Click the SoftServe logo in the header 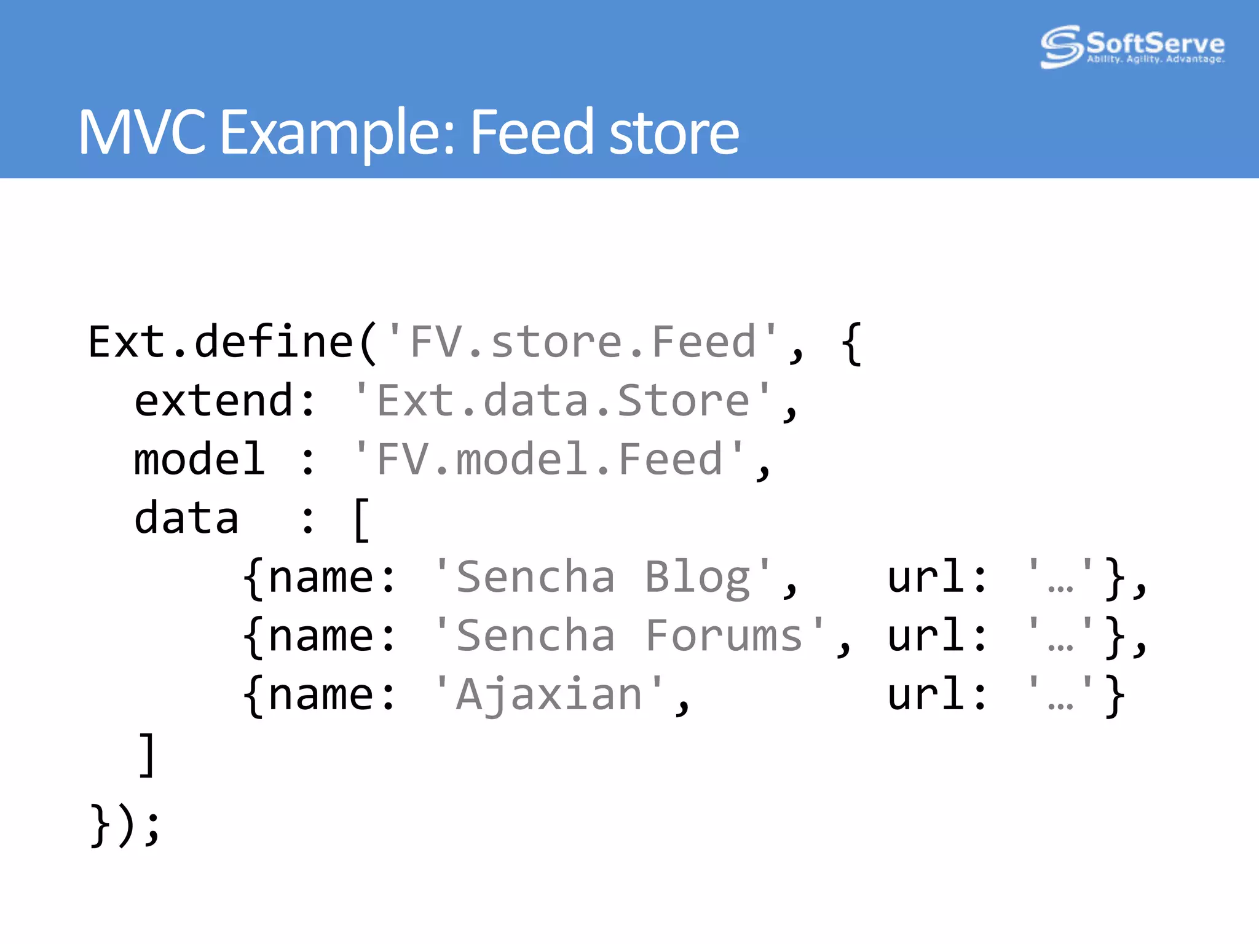tap(1132, 46)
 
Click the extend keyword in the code tap(213, 401)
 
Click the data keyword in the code tap(186, 518)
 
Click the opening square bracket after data tap(361, 520)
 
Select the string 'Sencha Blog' tap(602, 577)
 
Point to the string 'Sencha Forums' tap(629, 635)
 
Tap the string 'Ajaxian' tap(548, 694)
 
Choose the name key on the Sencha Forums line tap(321, 635)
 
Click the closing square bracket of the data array tap(147, 754)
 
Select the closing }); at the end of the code tap(125, 825)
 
